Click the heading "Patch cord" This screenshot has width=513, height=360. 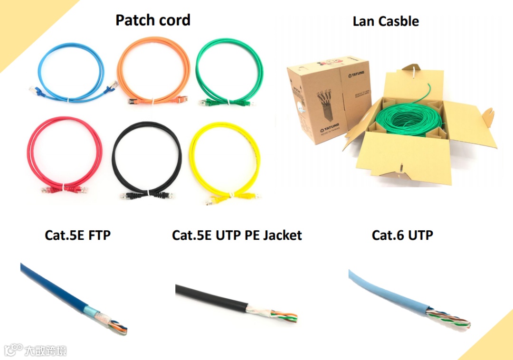click(153, 20)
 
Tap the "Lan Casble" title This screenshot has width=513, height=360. click(386, 21)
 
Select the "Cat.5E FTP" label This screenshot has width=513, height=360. click(77, 235)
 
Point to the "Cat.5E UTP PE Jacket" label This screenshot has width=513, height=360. click(237, 235)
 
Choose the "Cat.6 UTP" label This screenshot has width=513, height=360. click(402, 235)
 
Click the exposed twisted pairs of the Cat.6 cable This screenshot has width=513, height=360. click(449, 318)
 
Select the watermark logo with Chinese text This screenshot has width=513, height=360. click(36, 351)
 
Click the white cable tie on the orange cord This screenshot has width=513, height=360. click(153, 101)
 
